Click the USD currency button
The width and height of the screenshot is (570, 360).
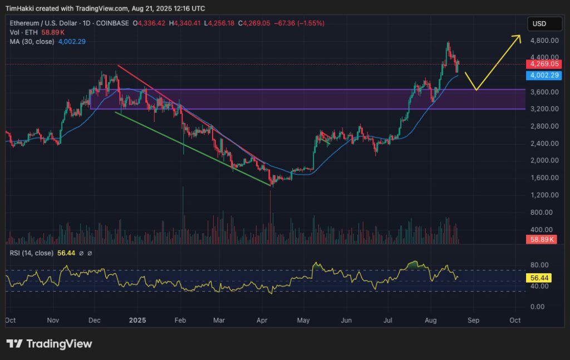click(x=539, y=24)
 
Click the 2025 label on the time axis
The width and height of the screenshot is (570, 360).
click(x=137, y=320)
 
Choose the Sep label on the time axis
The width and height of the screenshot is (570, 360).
click(x=473, y=320)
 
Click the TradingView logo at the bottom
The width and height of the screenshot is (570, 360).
click(x=49, y=343)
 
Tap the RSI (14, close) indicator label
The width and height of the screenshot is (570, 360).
click(x=32, y=253)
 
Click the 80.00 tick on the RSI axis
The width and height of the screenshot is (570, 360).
click(x=539, y=265)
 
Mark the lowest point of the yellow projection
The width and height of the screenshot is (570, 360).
click(x=475, y=90)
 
